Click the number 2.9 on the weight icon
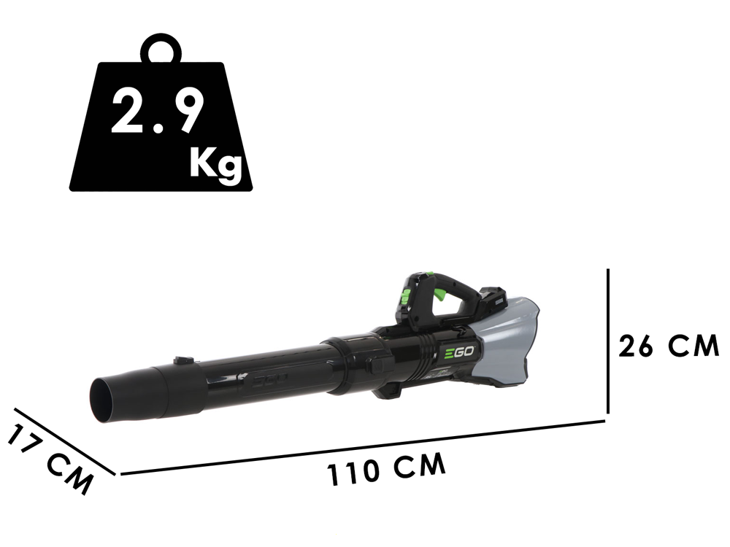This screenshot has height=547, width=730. click(x=157, y=111)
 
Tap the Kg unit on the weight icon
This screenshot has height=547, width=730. click(x=216, y=163)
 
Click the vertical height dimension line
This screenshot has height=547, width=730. click(x=607, y=341)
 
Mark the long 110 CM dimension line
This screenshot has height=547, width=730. click(x=363, y=448)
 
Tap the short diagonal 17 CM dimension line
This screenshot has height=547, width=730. click(x=65, y=442)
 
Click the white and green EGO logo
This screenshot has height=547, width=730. click(x=458, y=352)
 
